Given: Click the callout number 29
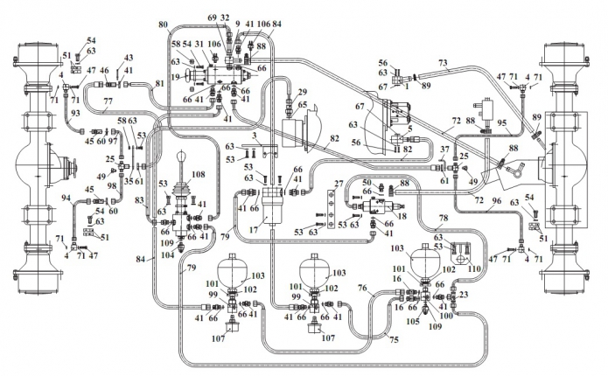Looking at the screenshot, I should pos(304,92).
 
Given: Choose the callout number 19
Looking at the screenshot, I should pos(177,77).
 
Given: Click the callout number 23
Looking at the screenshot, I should pos(463,295).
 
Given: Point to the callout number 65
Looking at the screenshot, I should pos(303,104).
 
